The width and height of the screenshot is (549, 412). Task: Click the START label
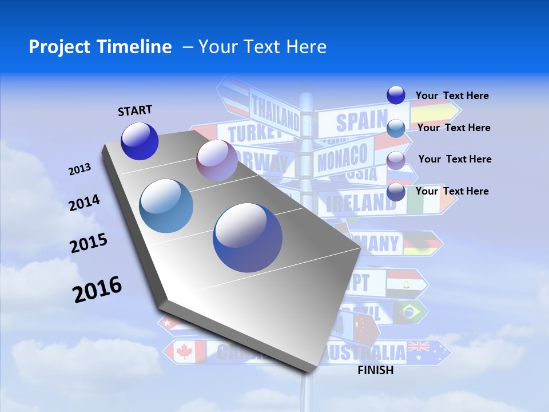(x=135, y=110)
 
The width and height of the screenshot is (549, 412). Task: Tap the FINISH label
(x=375, y=370)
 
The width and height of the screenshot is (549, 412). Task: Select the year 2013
(x=79, y=169)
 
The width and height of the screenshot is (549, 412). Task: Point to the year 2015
(x=88, y=243)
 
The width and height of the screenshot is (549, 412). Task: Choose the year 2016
(x=97, y=290)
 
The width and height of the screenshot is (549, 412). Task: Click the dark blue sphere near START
(x=140, y=141)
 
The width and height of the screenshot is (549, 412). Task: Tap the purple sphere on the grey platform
(x=217, y=160)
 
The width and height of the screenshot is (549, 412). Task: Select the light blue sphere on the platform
(x=166, y=206)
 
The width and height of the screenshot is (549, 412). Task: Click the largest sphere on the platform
(x=248, y=237)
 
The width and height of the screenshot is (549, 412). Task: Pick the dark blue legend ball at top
(x=396, y=95)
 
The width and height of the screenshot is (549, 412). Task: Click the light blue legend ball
(x=396, y=128)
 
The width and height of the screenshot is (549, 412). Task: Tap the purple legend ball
(x=396, y=160)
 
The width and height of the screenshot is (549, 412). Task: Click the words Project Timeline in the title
(x=100, y=47)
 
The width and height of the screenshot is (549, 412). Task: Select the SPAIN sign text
(x=361, y=121)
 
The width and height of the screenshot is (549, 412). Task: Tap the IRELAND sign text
(x=360, y=202)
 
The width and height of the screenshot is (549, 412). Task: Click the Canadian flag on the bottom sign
(x=185, y=351)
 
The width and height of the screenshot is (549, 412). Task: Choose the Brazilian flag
(x=410, y=311)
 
